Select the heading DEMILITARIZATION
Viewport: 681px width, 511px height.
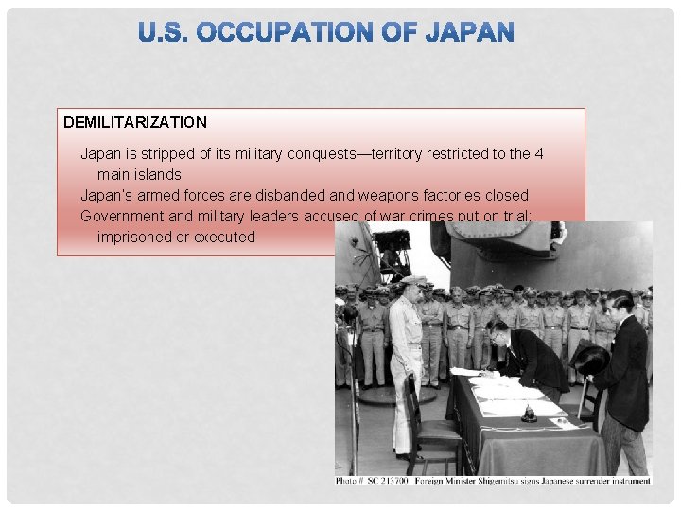click(135, 122)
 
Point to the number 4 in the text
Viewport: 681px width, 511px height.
click(539, 153)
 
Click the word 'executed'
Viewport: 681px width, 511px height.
click(224, 237)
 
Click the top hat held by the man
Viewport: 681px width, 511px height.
click(591, 359)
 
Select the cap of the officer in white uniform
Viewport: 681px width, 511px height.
click(413, 281)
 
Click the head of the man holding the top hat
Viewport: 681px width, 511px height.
click(620, 305)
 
